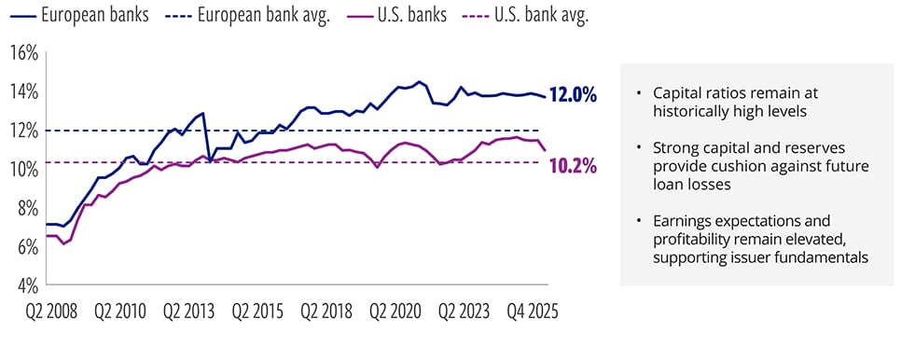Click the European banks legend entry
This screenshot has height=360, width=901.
coord(79,15)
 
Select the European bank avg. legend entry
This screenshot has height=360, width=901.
coord(248,15)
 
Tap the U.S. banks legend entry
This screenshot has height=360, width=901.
coord(396,15)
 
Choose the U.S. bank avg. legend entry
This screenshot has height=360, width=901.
coord(526,15)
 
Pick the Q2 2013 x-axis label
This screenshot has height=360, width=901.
coord(188,312)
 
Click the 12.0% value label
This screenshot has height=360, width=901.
coord(573,95)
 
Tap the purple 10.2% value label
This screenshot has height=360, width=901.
coord(573,167)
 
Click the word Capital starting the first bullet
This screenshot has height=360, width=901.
coord(675,93)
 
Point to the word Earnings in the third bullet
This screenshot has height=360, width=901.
coord(680,222)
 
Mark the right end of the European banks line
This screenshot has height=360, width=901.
coord(546,96)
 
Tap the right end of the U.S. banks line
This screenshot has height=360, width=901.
coord(546,150)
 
